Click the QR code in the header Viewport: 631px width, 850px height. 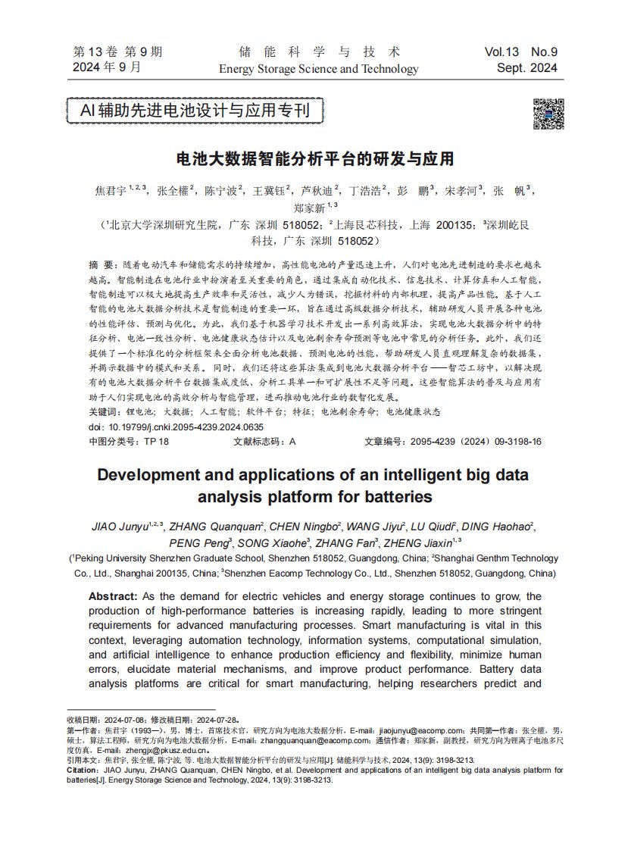click(x=548, y=114)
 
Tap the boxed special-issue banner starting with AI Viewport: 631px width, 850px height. click(x=195, y=111)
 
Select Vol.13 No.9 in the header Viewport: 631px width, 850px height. click(x=521, y=52)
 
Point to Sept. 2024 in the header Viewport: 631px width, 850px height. click(x=527, y=68)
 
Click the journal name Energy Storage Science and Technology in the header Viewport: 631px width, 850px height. click(x=318, y=69)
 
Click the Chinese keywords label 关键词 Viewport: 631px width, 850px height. click(x=103, y=413)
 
